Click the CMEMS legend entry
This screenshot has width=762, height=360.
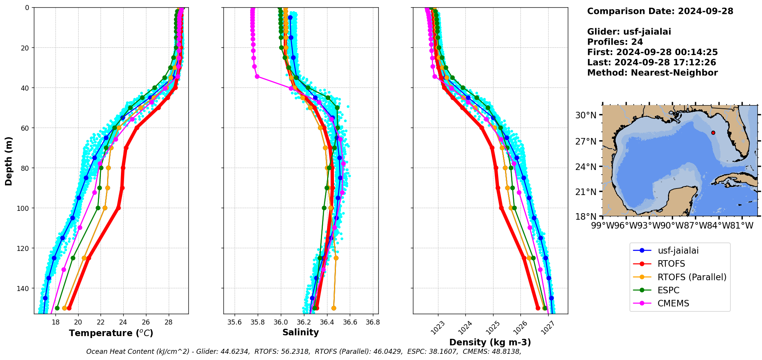coord(673,303)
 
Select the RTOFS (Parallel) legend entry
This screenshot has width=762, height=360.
coord(692,277)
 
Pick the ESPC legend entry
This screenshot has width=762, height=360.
coord(668,290)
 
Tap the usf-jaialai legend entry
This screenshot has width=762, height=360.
coord(678,251)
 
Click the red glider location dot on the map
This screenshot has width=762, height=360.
coord(713,133)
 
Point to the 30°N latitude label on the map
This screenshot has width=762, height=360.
coord(586,115)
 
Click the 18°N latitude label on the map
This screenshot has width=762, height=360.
coord(586,217)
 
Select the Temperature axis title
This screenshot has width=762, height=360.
coord(111,333)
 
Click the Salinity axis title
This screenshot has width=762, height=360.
coord(300,332)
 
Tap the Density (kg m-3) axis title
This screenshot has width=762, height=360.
coord(490,342)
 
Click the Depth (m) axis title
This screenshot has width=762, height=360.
coord(8,161)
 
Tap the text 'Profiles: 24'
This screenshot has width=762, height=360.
coord(615,42)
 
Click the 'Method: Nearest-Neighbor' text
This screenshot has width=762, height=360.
coord(652,73)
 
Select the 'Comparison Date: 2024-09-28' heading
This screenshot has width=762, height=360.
coord(660,11)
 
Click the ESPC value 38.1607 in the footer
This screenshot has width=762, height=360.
coord(443,352)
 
